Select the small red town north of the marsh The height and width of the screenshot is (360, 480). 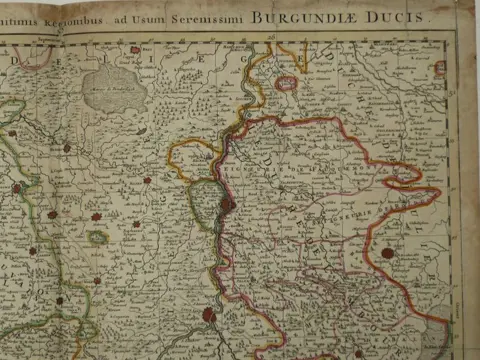(x=133, y=49)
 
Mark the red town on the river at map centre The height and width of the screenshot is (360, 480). (x=229, y=204)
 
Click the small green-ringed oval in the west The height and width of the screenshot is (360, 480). (x=97, y=238)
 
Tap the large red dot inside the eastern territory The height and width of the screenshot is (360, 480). (x=387, y=253)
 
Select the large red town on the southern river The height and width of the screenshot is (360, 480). (x=209, y=315)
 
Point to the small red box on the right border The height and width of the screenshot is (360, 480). (x=440, y=68)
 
